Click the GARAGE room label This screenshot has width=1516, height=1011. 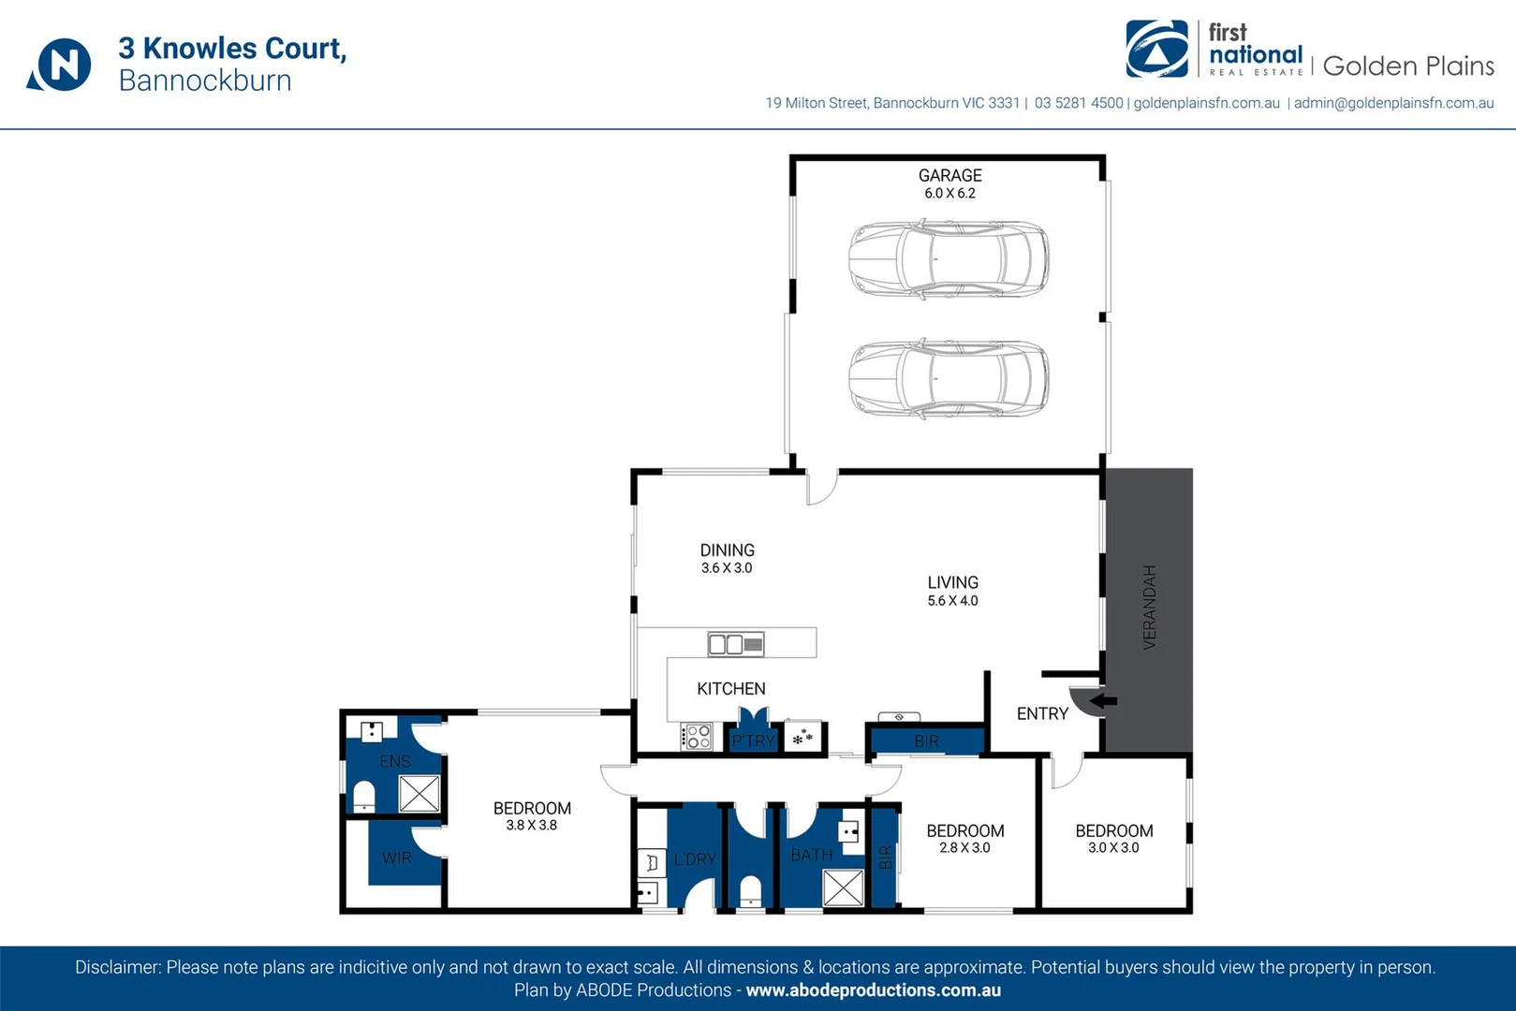click(949, 175)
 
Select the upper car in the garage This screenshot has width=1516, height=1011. click(949, 259)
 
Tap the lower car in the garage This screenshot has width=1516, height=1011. click(949, 377)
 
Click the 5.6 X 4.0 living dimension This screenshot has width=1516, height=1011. click(952, 601)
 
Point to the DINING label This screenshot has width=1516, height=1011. click(727, 550)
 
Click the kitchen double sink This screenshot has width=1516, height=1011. click(735, 644)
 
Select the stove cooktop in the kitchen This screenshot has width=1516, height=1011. click(698, 737)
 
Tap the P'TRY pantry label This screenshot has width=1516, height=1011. click(753, 740)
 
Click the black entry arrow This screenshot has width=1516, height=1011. click(1104, 700)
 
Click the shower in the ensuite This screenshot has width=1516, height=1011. click(419, 794)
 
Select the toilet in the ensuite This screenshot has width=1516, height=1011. click(363, 798)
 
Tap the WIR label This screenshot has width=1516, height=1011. click(396, 857)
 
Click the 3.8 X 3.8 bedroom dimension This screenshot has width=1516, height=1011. click(531, 826)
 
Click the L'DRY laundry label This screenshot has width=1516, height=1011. click(695, 858)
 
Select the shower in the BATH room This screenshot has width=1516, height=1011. click(843, 887)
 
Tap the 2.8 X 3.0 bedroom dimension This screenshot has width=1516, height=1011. click(964, 848)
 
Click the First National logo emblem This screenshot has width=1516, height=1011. click(1156, 49)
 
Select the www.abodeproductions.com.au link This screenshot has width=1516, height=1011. click(873, 990)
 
